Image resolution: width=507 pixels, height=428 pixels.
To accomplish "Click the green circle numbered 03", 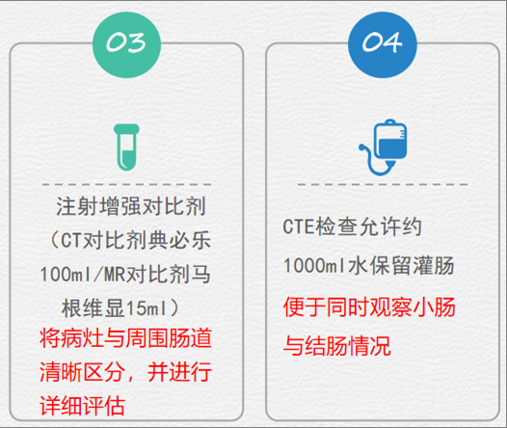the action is point(127,44).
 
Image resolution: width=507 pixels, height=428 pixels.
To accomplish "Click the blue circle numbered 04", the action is point(383,44).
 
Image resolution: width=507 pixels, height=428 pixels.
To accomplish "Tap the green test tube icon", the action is point(126,147).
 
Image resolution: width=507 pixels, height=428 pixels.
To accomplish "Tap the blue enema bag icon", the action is point(383,147).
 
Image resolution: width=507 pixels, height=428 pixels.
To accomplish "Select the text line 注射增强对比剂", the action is point(131,206).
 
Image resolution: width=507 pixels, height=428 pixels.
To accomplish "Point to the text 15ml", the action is point(147,308).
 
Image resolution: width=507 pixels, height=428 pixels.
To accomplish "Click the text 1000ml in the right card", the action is point(314,266).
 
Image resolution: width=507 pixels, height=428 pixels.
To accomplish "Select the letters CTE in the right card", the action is point(299,227).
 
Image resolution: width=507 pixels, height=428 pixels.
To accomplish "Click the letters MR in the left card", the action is point(115,275).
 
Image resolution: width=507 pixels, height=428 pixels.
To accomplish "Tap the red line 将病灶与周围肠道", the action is point(125,338).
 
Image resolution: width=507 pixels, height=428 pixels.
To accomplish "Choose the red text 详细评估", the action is point(83,406).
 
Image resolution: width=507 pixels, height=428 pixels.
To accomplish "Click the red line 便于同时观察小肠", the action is point(369,307).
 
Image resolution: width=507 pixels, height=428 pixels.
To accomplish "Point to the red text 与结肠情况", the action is point(337,345).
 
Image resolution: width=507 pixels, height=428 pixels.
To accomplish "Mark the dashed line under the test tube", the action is point(127,184).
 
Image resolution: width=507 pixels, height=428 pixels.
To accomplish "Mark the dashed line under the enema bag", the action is point(383,184).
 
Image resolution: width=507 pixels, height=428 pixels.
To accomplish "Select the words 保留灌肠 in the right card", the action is point(412,266).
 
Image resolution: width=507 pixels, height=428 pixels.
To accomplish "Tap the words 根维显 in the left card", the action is point(93,308).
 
